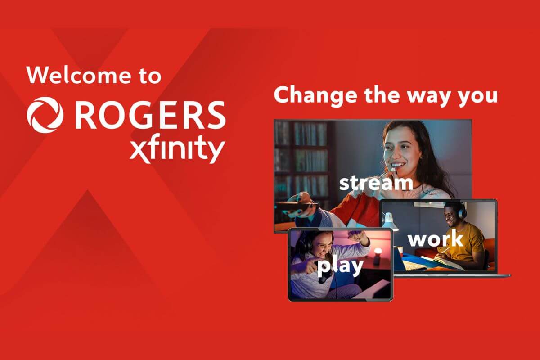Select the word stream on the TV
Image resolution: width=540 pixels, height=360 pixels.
(376, 183)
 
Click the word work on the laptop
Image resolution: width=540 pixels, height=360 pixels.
(435, 238)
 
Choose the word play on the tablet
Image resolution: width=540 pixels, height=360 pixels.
(340, 266)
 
